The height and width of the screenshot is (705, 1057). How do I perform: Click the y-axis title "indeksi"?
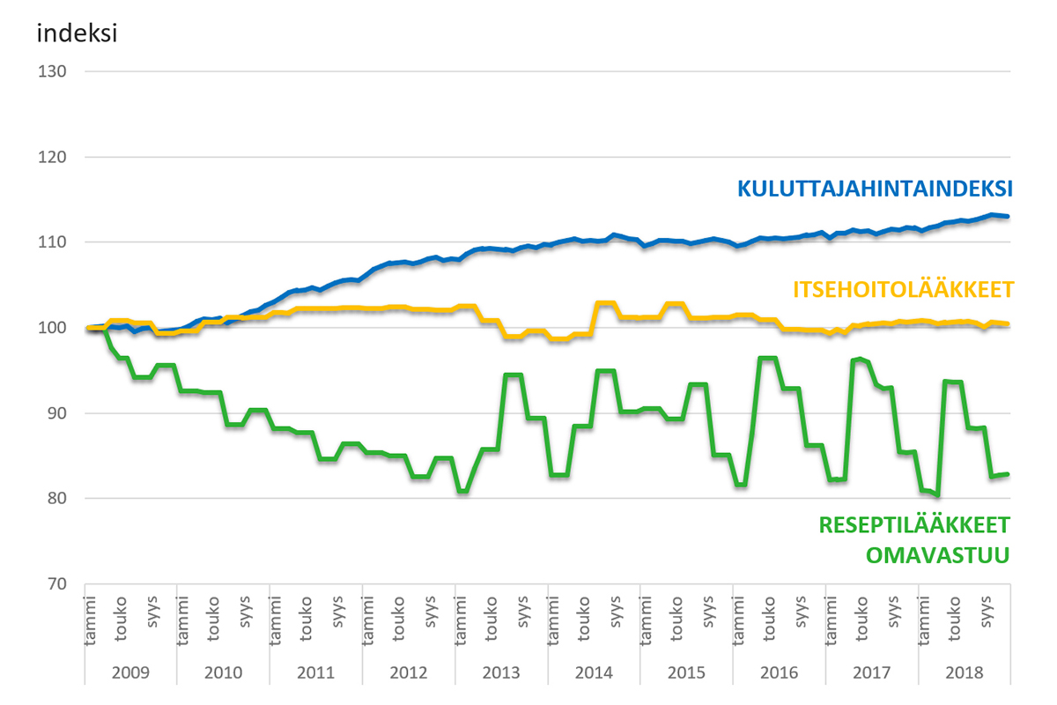click(78, 34)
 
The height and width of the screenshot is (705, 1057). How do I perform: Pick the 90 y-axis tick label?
click(52, 413)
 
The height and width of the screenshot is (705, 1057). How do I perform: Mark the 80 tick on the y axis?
click(52, 499)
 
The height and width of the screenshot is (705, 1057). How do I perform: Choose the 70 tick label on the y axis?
click(52, 584)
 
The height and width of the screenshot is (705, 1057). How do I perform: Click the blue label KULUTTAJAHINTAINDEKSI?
click(874, 189)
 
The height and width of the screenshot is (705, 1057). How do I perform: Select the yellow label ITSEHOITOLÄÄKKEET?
click(903, 289)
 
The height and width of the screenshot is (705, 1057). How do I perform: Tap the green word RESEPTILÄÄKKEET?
click(914, 525)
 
